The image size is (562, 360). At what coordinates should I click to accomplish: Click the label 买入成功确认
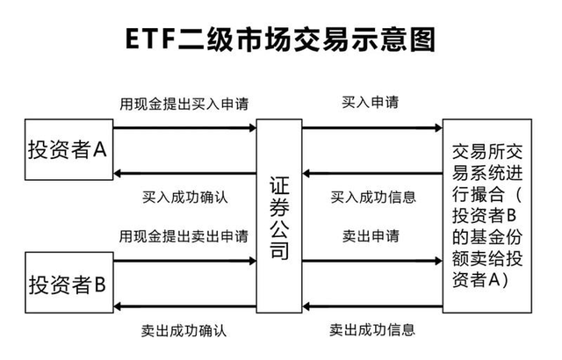[x=184, y=197]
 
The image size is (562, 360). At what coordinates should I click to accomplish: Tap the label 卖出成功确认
[x=184, y=331]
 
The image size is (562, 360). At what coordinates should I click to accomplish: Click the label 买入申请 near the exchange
[x=370, y=103]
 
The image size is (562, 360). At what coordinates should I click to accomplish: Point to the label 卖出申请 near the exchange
[x=370, y=236]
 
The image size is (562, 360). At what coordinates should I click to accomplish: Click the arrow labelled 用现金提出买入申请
[x=184, y=129]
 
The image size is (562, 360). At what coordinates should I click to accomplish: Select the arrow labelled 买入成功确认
[x=184, y=173]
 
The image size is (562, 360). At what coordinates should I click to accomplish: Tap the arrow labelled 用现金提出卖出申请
[x=184, y=261]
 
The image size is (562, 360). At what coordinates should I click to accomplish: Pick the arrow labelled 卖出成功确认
[x=184, y=305]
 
